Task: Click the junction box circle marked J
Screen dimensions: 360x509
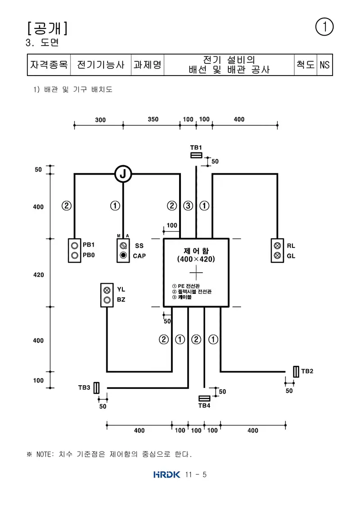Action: (x=123, y=174)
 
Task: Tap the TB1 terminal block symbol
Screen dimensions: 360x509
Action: (x=196, y=155)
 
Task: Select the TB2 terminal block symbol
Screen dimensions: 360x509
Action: (x=296, y=371)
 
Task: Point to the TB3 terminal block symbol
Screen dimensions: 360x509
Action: (x=96, y=387)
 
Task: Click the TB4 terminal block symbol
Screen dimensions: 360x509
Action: (x=204, y=398)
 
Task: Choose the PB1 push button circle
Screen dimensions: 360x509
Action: (x=75, y=245)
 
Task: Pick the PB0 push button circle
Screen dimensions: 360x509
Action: (x=75, y=255)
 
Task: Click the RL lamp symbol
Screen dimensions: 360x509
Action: (x=277, y=245)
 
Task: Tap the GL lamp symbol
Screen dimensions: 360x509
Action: (x=277, y=256)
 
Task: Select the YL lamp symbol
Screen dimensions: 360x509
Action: (x=107, y=290)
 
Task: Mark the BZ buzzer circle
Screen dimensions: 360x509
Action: (x=107, y=300)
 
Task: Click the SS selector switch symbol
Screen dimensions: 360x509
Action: (x=123, y=245)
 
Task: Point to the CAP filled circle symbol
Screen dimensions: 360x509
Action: (x=123, y=256)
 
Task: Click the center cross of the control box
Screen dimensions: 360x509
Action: (x=196, y=273)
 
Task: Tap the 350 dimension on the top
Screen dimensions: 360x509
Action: (x=153, y=119)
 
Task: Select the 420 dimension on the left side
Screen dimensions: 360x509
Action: (x=38, y=275)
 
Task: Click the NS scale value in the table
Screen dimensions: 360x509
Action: (x=324, y=65)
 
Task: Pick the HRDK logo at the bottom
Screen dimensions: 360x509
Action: (x=166, y=475)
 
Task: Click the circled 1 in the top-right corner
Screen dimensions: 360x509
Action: (x=324, y=27)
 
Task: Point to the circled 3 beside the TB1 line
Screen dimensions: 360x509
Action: (x=188, y=206)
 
